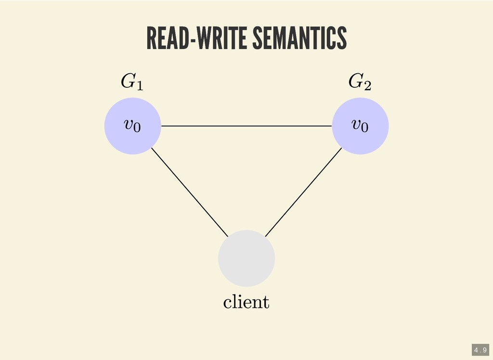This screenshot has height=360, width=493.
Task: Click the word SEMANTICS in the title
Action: point(298,39)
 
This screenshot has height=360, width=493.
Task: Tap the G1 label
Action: point(131,82)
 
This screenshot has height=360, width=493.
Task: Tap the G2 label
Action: point(360,82)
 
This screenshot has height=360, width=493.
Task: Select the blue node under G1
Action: point(132,140)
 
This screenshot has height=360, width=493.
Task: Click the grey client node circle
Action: point(246,258)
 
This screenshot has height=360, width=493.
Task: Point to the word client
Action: point(246,302)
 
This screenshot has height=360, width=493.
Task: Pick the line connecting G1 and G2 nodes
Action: point(246,126)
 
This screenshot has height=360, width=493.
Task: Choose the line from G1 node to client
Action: point(189,192)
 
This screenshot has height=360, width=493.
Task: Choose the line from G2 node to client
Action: point(303,192)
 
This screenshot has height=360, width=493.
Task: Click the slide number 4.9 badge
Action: point(480,349)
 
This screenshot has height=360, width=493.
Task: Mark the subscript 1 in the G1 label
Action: point(139,86)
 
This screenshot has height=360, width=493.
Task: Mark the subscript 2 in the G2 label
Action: point(367,86)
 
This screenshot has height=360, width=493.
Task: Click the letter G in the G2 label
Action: point(355,81)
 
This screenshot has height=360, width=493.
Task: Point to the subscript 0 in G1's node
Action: point(137,128)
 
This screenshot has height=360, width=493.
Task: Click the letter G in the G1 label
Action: point(127,81)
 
